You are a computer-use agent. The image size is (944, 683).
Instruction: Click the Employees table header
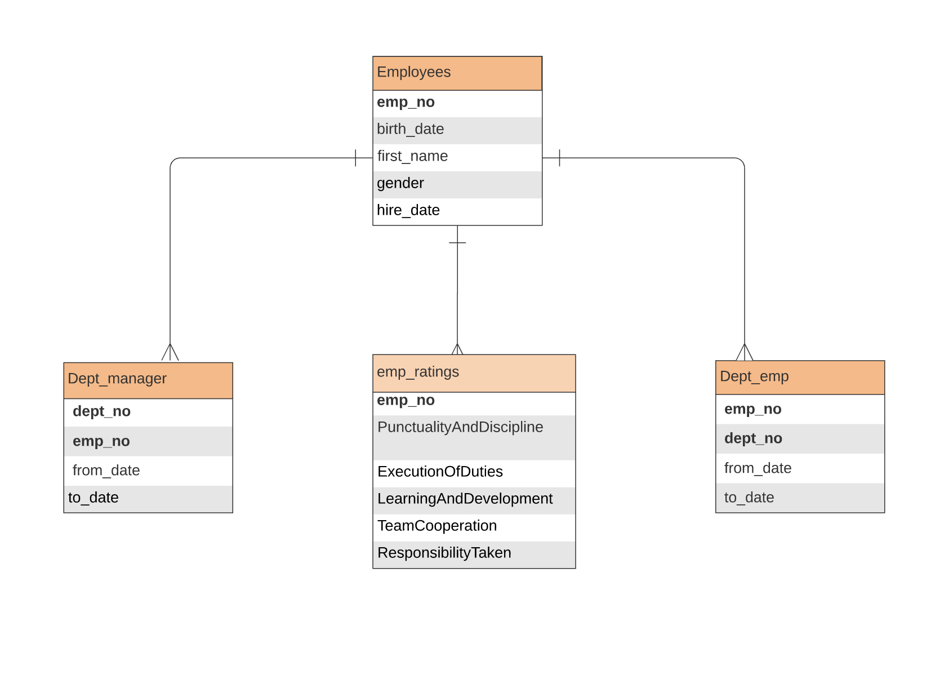[x=457, y=73]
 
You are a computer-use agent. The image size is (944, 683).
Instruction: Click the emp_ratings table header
[x=474, y=372]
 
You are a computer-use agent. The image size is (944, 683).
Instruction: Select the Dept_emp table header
[x=799, y=377]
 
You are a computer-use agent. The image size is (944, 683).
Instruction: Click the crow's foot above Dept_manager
[x=170, y=353]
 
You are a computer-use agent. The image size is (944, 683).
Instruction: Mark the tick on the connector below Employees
[x=457, y=243]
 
